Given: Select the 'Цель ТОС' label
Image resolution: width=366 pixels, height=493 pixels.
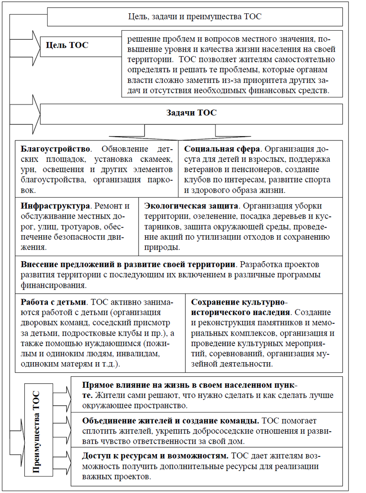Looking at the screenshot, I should tap(67, 45).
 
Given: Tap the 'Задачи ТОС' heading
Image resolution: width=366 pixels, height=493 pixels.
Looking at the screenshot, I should tap(191, 113).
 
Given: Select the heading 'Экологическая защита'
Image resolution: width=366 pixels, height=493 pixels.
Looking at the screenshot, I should tap(188, 206).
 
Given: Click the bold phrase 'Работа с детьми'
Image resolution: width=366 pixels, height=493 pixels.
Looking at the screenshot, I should tap(54, 302).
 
